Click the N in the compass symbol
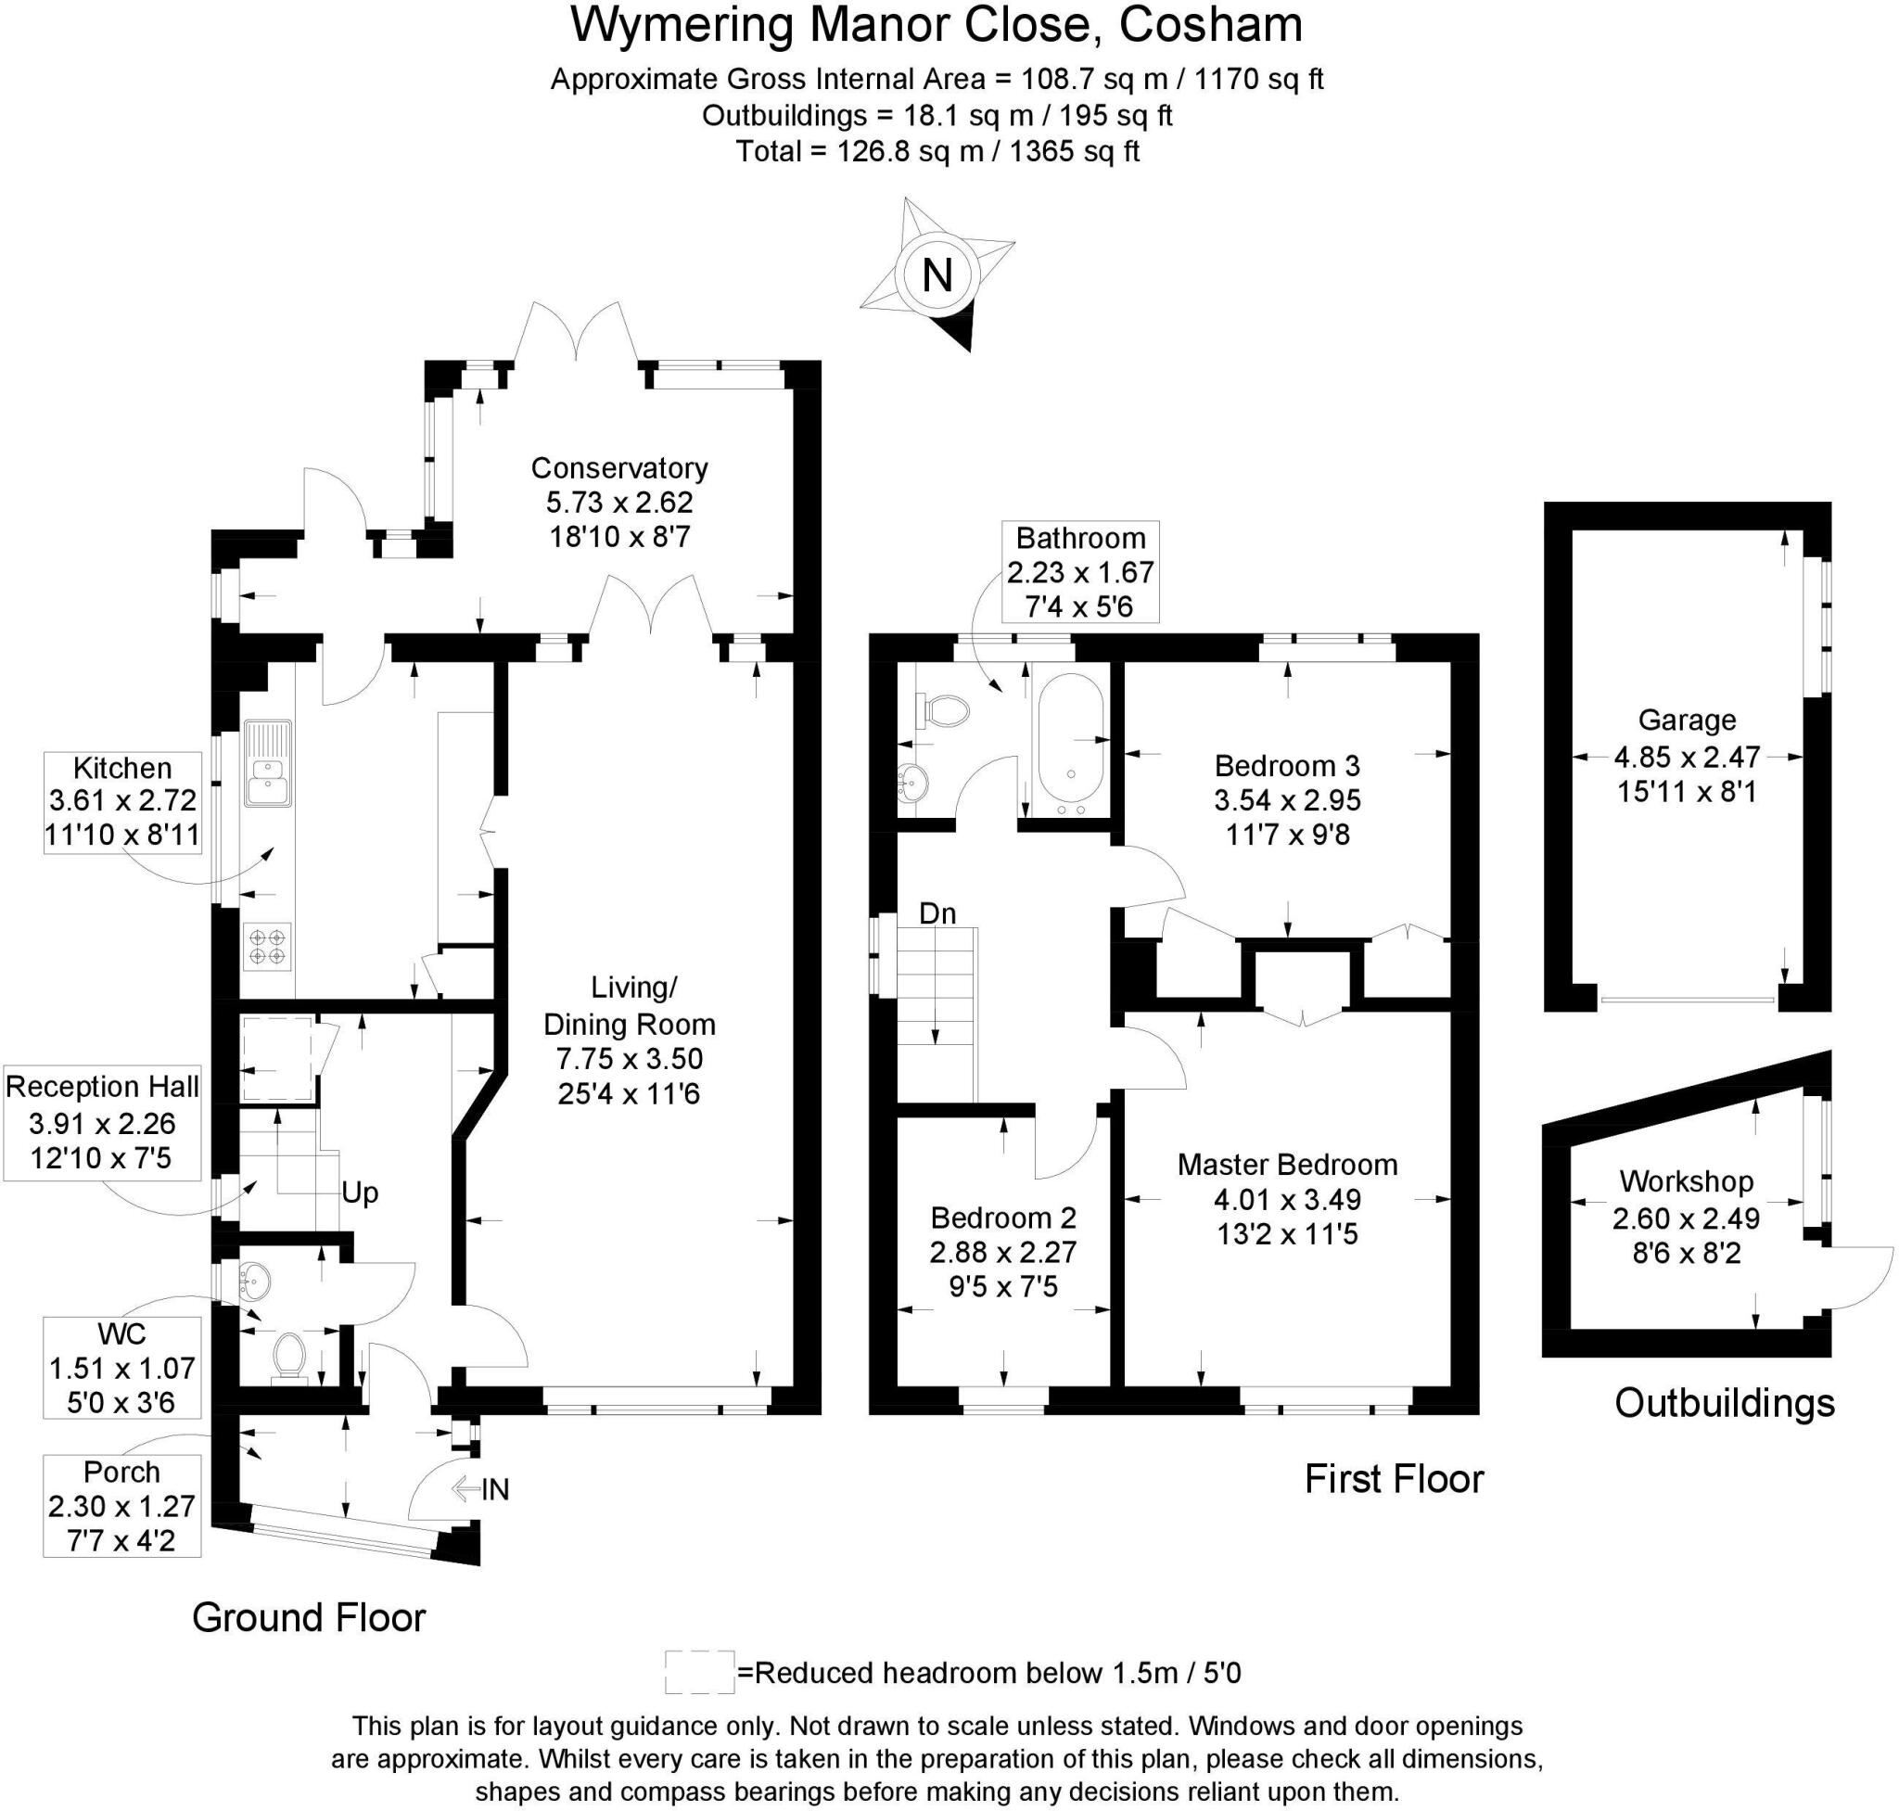pyautogui.click(x=937, y=276)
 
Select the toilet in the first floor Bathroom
pyautogui.click(x=942, y=711)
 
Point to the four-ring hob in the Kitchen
pyautogui.click(x=267, y=945)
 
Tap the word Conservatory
pyautogui.click(x=618, y=468)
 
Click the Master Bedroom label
pyautogui.click(x=1286, y=1166)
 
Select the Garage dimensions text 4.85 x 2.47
pyautogui.click(x=1686, y=756)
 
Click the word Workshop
pyautogui.click(x=1686, y=1181)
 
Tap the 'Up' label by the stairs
pyautogui.click(x=359, y=1194)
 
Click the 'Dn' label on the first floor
pyautogui.click(x=937, y=913)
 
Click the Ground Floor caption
pyautogui.click(x=308, y=1618)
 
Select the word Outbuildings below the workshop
pyautogui.click(x=1724, y=1404)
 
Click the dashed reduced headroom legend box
pyautogui.click(x=699, y=1673)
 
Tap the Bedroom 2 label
pyautogui.click(x=1002, y=1218)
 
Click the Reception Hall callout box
pyautogui.click(x=101, y=1123)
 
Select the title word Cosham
pyautogui.click(x=1211, y=26)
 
